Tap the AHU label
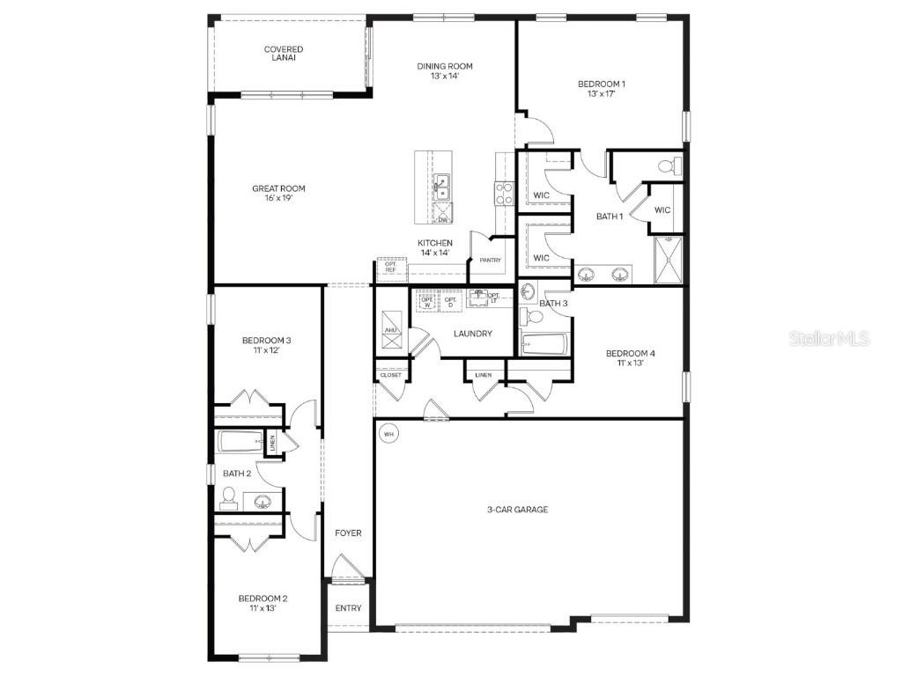[391, 330]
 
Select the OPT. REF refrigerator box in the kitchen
[389, 267]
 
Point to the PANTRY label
[490, 260]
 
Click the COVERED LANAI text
[284, 55]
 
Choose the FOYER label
[348, 533]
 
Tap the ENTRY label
[348, 608]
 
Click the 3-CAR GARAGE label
[518, 509]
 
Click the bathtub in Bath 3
[543, 342]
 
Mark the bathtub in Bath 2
[240, 442]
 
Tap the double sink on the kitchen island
[442, 186]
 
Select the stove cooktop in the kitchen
[504, 193]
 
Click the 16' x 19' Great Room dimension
[278, 199]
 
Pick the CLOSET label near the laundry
[390, 375]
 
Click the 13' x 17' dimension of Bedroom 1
[602, 94]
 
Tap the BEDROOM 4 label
[630, 353]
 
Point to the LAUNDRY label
[472, 334]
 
